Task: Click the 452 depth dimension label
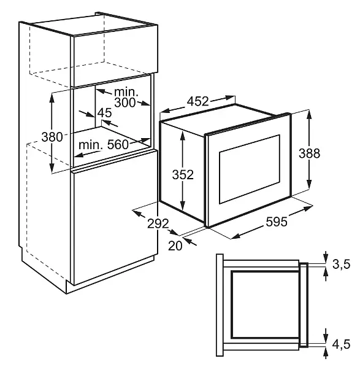198,101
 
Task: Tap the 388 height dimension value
309,153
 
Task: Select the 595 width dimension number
277,222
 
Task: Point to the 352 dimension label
183,174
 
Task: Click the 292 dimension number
158,223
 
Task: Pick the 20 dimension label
175,246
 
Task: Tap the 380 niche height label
52,137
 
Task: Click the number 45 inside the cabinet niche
104,113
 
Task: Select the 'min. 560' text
104,145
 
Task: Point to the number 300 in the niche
125,103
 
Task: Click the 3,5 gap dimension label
341,265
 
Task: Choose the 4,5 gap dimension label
341,344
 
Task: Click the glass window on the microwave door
250,169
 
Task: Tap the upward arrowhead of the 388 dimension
309,115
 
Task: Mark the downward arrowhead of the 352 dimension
182,205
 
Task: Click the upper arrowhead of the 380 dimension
52,98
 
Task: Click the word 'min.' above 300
126,92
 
